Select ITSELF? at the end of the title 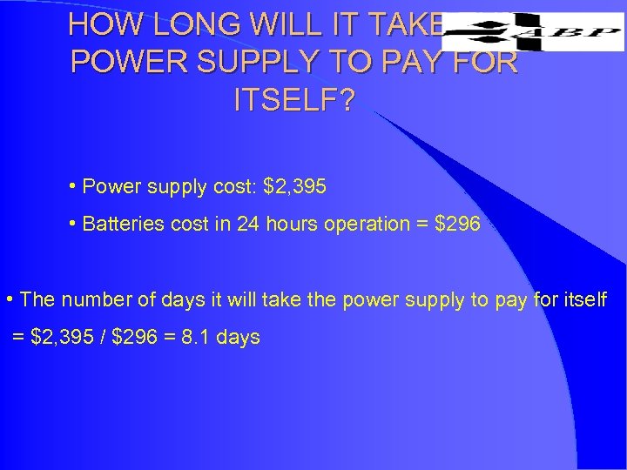click(294, 101)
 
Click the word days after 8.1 click(236, 337)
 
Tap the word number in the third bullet click(91, 300)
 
